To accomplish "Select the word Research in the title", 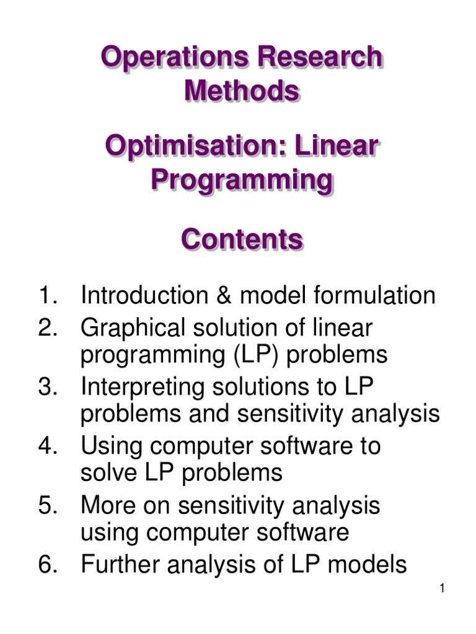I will pos(320,58).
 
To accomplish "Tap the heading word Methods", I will pos(242,92).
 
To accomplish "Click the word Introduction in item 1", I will pos(142,295).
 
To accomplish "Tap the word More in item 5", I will pos(106,505).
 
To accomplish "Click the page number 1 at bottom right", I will pos(443,589).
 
